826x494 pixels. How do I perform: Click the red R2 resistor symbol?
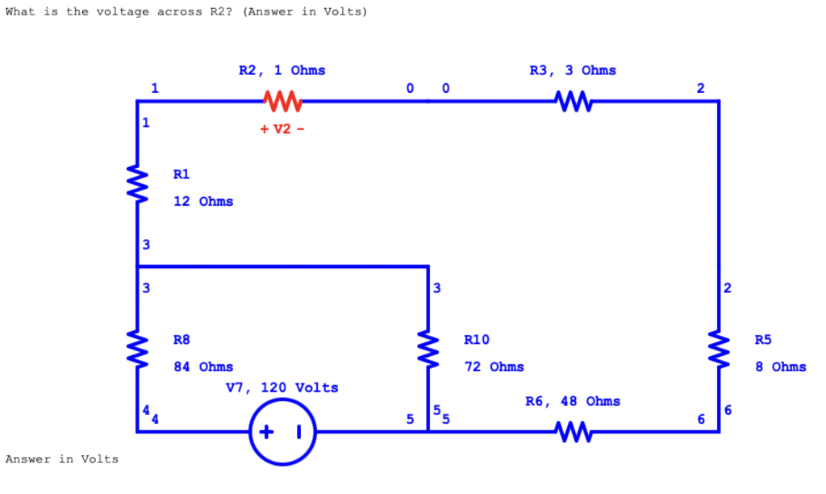(282, 102)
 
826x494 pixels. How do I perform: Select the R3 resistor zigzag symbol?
(573, 102)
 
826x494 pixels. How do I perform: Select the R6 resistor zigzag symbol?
(573, 432)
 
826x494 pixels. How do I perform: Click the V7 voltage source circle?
(282, 433)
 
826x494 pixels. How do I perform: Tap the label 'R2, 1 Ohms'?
(282, 70)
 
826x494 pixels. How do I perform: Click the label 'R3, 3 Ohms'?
(573, 70)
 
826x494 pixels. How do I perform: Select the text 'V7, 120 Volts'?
(282, 387)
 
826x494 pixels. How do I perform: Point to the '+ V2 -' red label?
(282, 129)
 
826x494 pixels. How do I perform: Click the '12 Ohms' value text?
(203, 201)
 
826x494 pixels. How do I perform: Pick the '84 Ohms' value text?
(203, 366)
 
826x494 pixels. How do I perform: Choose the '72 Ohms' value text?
(494, 366)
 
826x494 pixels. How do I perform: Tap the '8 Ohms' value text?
(780, 366)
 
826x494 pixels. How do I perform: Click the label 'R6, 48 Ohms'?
(573, 401)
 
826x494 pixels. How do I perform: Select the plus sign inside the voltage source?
(268, 433)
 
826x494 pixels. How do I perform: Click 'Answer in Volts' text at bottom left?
(62, 459)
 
